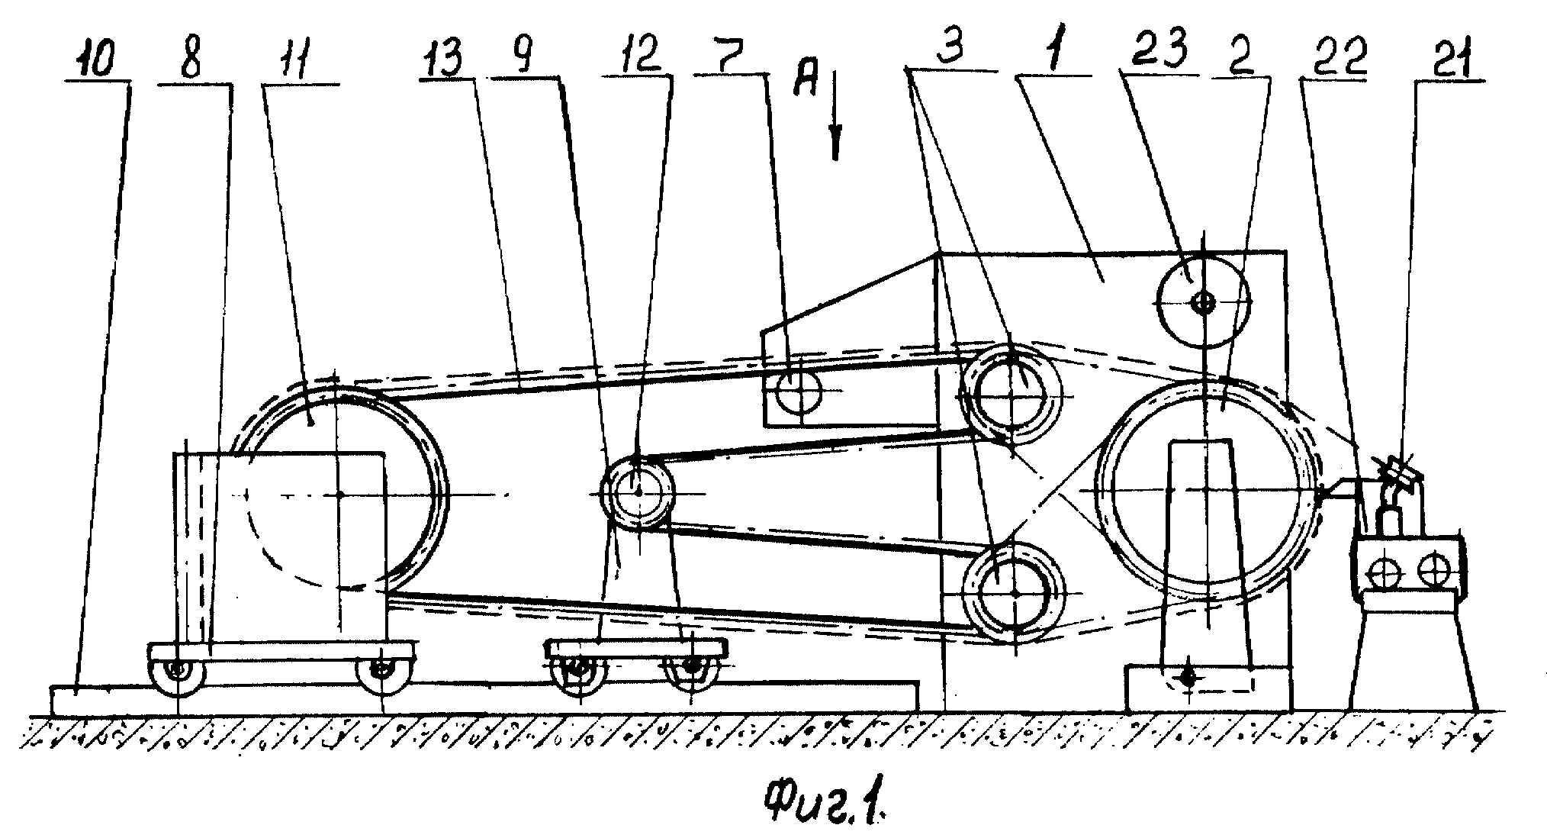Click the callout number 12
[x=637, y=54]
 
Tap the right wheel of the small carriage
[x=691, y=666]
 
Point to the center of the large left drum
[x=339, y=494]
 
